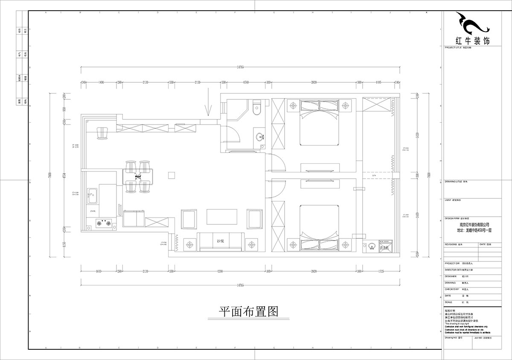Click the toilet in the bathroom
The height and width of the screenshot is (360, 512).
pos(256,107)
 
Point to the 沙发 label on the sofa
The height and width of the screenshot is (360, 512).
pos(220,241)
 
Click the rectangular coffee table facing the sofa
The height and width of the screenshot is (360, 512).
pos(222,216)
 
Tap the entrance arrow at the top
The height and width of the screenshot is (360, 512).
pos(208,102)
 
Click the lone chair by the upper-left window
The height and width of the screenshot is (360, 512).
pos(102,134)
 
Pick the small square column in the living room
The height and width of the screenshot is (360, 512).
pos(172,175)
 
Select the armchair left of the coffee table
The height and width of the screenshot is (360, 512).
pos(189,218)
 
